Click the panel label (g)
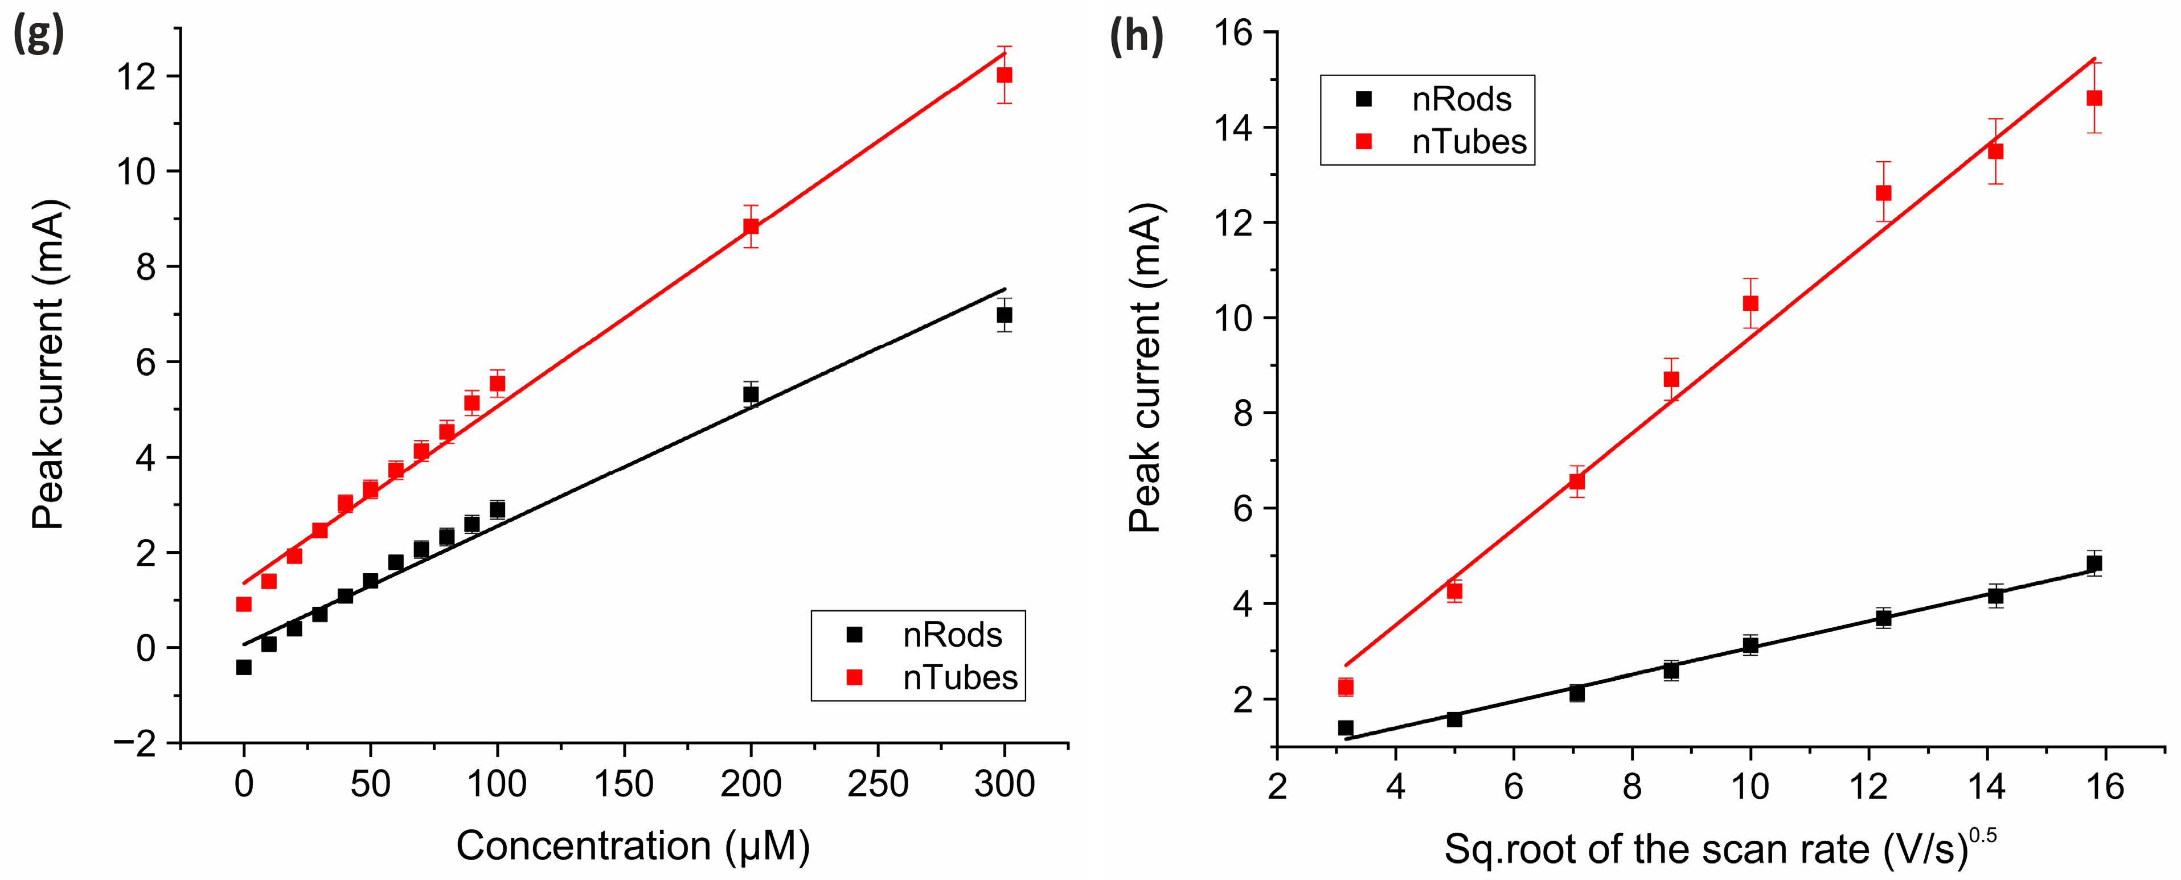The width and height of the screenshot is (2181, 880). point(39,35)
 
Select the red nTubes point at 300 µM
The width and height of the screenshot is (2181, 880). point(1004,75)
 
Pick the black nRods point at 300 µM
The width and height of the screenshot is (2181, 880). point(1004,315)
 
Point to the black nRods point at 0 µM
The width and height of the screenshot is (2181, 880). point(244,668)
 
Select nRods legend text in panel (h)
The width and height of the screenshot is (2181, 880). point(1461,100)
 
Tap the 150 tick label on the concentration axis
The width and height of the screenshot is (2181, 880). point(624,784)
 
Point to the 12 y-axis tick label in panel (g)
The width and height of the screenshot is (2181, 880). point(137,77)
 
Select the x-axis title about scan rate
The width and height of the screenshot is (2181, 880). point(1719,849)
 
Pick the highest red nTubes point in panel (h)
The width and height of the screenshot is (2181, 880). point(2094,98)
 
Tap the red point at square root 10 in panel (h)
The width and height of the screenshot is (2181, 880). point(1750,303)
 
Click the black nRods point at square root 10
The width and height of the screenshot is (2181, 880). point(1750,645)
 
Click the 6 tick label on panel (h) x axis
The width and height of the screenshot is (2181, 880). point(1513,787)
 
